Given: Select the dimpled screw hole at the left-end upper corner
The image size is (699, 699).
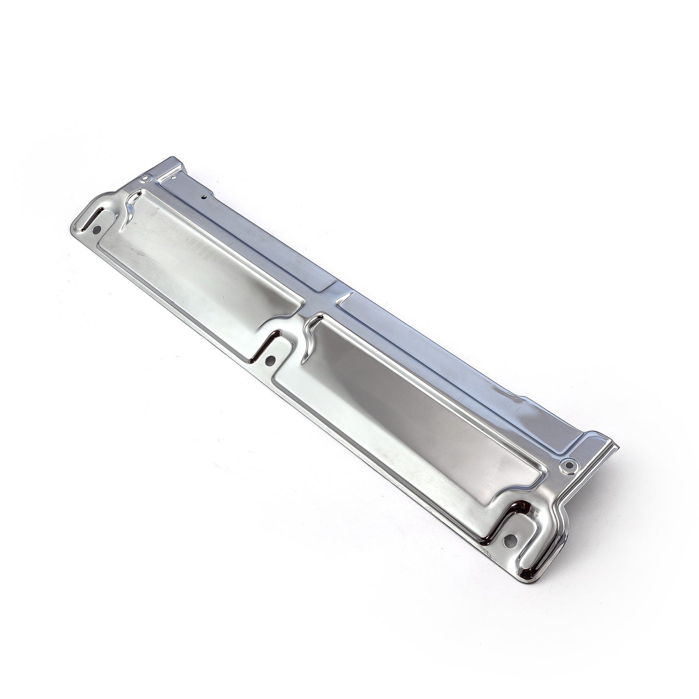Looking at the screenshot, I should coord(143,179).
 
